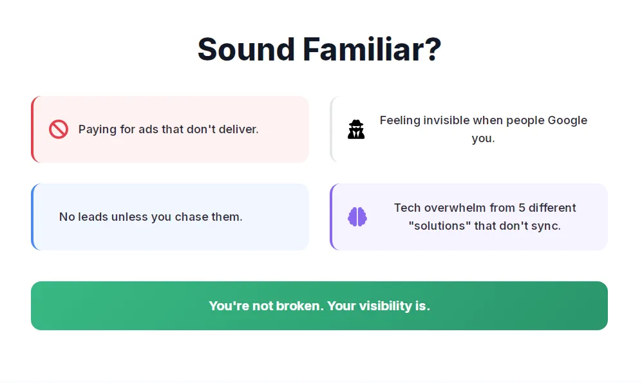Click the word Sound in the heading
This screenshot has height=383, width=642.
click(x=246, y=50)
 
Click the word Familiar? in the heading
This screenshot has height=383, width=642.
click(x=372, y=50)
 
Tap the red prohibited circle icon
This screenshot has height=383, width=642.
click(x=59, y=129)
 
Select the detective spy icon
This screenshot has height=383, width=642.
click(x=356, y=129)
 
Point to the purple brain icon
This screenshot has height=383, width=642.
click(x=357, y=217)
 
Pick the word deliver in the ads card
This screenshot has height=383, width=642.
click(x=238, y=129)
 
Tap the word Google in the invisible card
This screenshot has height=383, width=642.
click(x=567, y=121)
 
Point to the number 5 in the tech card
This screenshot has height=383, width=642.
click(x=522, y=208)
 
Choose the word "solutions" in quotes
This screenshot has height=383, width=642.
click(x=440, y=226)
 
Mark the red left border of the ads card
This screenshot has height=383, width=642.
click(x=33, y=129)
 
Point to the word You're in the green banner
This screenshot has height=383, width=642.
click(x=229, y=306)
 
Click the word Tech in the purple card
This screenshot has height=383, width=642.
click(x=408, y=208)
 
